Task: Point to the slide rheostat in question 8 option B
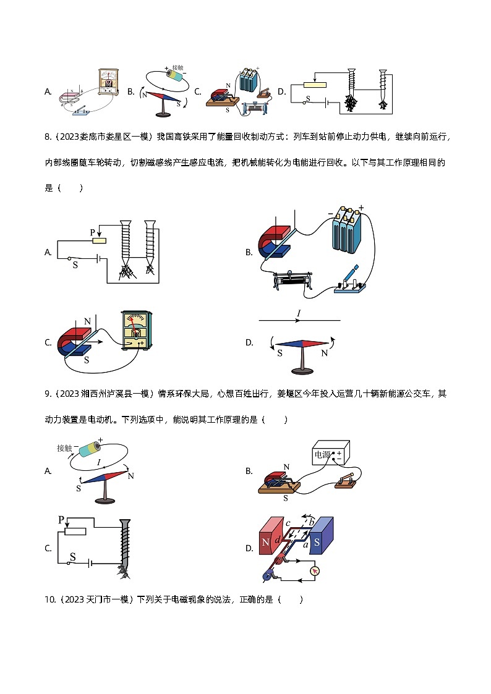click(x=296, y=281)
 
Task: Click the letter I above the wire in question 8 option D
click(x=299, y=314)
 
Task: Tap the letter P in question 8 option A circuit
click(x=93, y=232)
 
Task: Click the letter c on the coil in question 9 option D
click(x=288, y=525)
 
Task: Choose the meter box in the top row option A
click(x=108, y=82)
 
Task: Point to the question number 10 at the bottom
click(x=50, y=599)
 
